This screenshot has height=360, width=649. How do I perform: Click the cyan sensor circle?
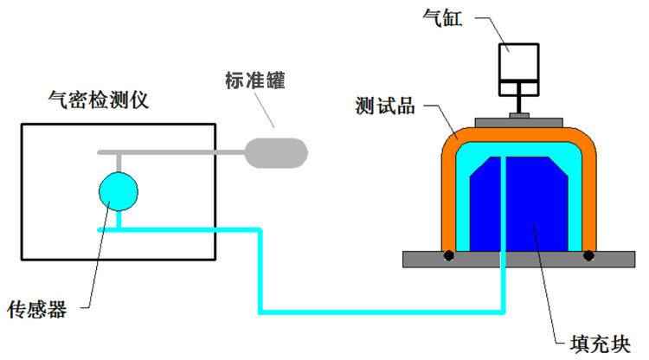click(119, 190)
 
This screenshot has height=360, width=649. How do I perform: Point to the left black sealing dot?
click(449, 255)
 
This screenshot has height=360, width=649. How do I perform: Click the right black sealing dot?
click(588, 255)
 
